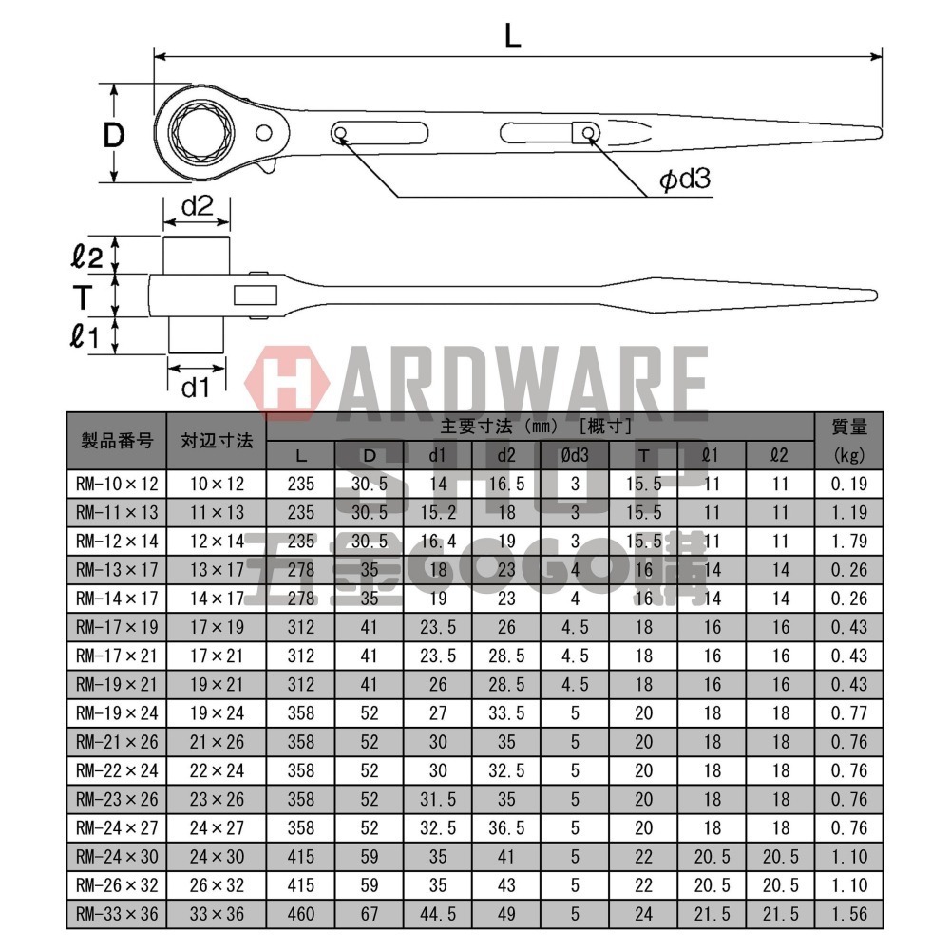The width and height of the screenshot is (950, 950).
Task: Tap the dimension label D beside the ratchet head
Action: click(114, 135)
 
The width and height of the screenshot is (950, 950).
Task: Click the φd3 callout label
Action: click(686, 180)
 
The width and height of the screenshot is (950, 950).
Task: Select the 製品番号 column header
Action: click(116, 441)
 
